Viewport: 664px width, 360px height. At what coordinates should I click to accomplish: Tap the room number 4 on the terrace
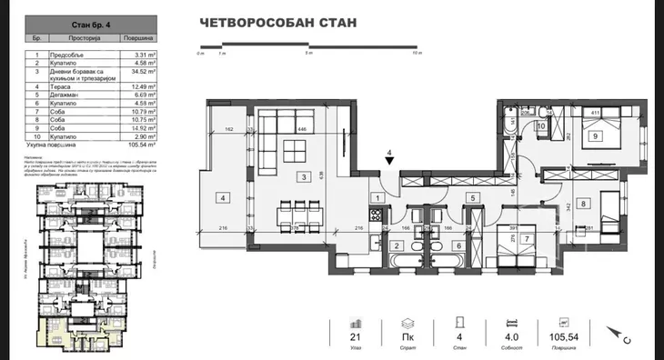tap(221, 196)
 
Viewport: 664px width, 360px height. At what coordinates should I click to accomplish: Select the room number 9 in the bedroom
tap(596, 136)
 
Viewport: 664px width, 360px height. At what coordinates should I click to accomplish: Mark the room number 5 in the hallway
tap(472, 196)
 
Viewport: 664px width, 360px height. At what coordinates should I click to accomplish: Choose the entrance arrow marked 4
tap(389, 160)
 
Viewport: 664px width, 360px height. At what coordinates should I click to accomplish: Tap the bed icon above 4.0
tap(515, 323)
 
